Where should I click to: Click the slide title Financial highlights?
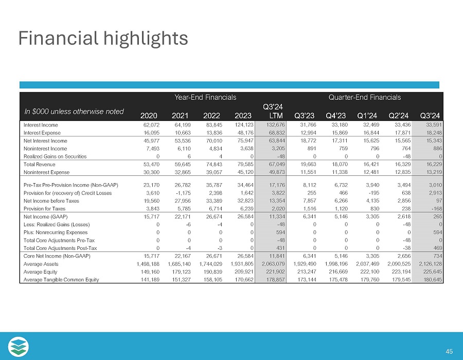[x=103, y=38]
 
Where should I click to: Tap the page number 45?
[x=449, y=351]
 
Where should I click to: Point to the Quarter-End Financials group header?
[x=366, y=97]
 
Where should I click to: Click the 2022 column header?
[x=211, y=115]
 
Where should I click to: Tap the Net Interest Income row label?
[x=45, y=140]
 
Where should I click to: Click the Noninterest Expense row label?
[x=47, y=172]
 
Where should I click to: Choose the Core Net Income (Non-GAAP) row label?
[x=57, y=256]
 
